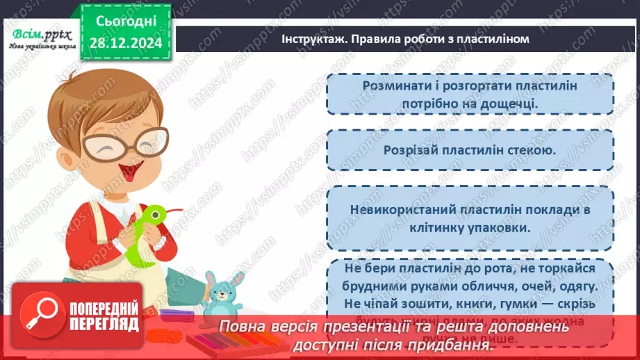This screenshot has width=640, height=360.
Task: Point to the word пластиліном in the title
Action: pos(494,39)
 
